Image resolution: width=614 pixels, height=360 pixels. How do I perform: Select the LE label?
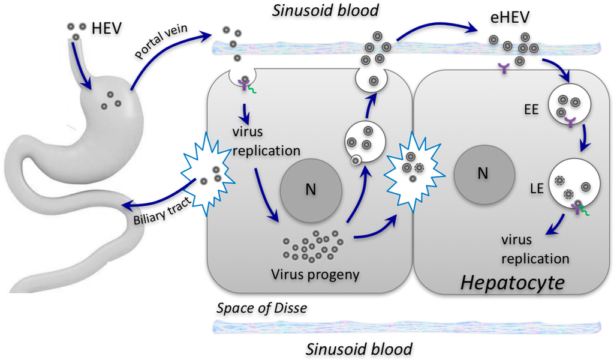(x=536, y=188)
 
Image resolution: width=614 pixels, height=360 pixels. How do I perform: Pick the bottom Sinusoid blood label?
(x=358, y=347)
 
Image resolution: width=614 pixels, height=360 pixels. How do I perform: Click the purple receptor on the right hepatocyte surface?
(x=501, y=71)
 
